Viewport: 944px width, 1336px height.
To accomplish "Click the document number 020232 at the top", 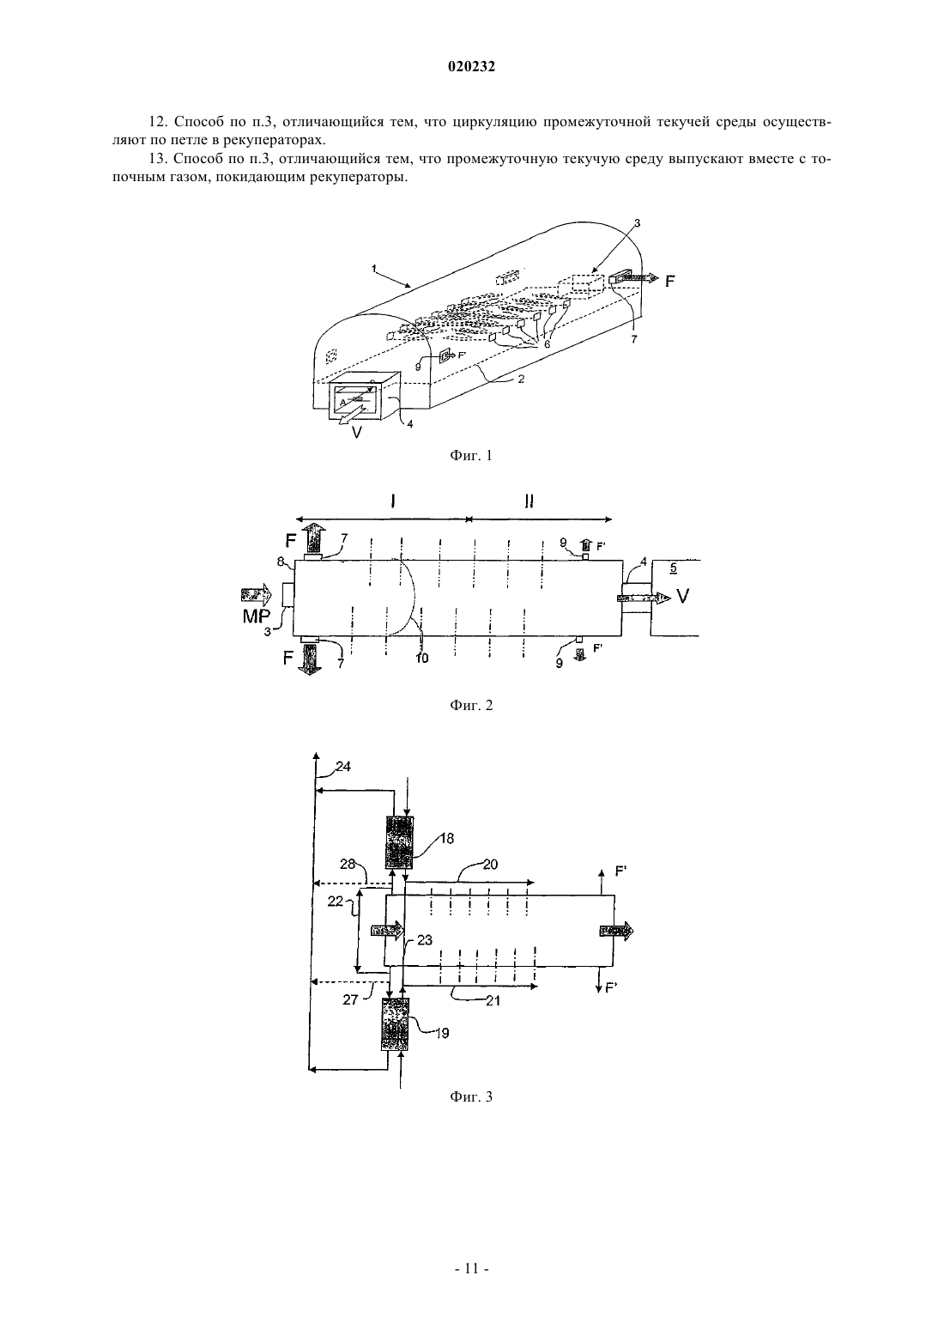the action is pos(471,67).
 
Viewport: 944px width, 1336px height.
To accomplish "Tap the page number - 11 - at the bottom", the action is pos(471,1268).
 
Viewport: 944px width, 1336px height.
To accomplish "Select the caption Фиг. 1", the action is pos(471,456).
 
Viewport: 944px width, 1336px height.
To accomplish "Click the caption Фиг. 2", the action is pos(471,706).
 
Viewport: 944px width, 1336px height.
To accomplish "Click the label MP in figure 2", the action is pos(257,616).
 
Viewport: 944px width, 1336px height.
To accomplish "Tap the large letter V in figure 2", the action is pos(683,595).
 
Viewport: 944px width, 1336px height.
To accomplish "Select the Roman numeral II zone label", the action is pos(529,501).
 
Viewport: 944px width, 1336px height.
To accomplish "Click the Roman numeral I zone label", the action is pos(393,501).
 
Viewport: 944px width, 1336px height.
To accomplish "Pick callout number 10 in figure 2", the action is pos(421,659).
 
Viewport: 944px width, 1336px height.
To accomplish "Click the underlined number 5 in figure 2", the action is pos(673,568).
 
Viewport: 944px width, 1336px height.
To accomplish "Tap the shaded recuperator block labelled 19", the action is pos(395,1025).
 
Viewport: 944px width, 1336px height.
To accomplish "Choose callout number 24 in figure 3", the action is pos(343,767).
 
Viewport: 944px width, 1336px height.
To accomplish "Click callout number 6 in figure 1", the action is pos(546,345).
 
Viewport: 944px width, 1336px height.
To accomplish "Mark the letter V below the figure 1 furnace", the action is pos(356,433).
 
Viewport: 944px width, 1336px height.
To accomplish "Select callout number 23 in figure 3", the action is pos(425,940).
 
